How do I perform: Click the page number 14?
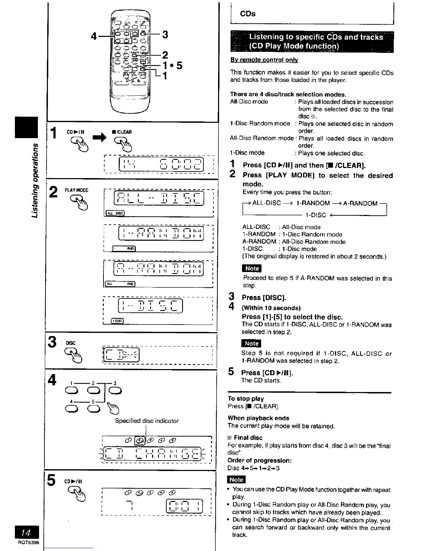(x=26, y=532)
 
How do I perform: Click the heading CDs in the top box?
(x=248, y=14)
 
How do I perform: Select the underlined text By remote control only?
(x=264, y=60)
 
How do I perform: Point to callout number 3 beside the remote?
(x=165, y=34)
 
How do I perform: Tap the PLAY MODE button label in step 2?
(x=76, y=190)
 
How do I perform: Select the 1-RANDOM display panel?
(x=161, y=233)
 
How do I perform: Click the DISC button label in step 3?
(x=70, y=343)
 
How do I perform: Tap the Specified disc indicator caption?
(x=147, y=421)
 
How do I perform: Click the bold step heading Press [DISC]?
(x=264, y=297)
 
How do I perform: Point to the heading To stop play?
(x=246, y=399)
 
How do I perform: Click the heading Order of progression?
(x=260, y=461)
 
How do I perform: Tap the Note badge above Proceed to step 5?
(x=252, y=268)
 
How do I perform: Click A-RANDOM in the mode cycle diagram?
(x=360, y=203)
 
